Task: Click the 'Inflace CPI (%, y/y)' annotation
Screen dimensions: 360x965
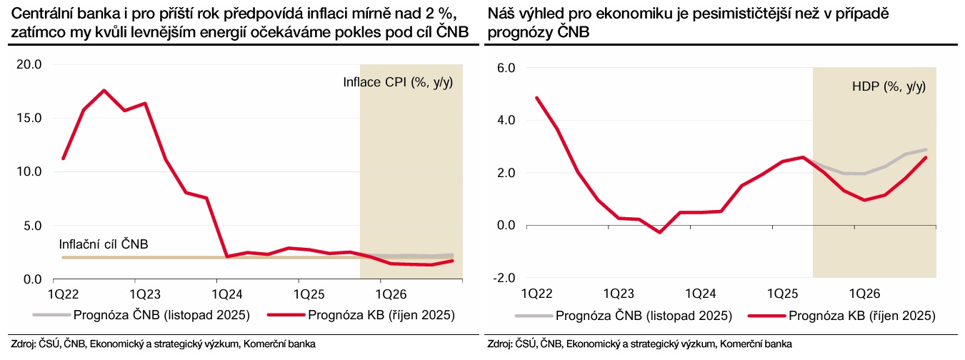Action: (x=398, y=82)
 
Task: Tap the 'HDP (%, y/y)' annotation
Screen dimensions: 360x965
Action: (x=889, y=86)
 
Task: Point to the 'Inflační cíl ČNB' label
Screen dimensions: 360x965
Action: (x=103, y=244)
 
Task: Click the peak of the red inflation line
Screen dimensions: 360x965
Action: (x=104, y=90)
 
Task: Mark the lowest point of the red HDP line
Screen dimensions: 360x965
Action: (x=659, y=232)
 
